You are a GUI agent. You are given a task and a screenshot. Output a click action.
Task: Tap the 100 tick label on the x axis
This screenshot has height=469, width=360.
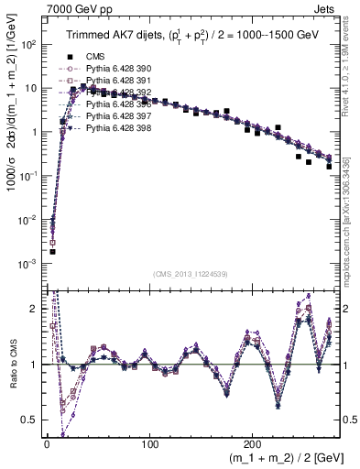(x=151, y=443)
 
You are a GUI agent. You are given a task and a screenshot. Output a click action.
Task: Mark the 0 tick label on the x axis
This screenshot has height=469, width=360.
(x=47, y=443)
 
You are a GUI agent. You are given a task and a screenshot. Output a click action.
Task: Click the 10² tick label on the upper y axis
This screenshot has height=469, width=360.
(x=28, y=44)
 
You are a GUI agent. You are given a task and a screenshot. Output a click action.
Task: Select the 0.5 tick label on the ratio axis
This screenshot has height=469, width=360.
(x=29, y=420)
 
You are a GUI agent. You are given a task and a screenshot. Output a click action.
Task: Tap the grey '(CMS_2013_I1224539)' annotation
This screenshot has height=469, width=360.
(x=191, y=272)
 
